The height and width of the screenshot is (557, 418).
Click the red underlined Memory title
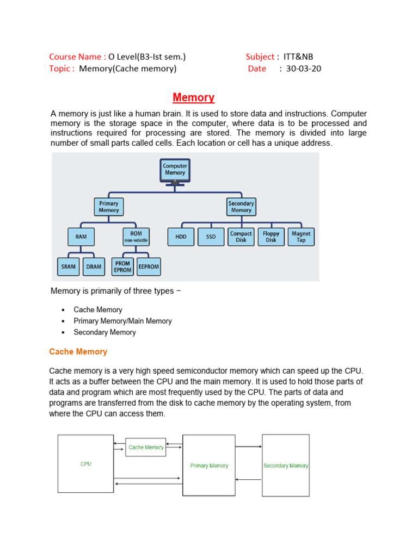(193, 97)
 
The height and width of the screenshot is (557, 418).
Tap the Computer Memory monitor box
(175, 170)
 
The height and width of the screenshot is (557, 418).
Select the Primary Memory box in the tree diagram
(109, 207)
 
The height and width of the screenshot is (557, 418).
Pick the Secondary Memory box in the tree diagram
(241, 207)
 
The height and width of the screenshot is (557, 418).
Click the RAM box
(81, 237)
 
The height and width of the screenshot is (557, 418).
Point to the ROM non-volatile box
(136, 237)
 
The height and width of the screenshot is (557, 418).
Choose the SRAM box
(68, 267)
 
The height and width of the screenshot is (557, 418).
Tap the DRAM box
(94, 267)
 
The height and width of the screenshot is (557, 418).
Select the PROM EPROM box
(122, 267)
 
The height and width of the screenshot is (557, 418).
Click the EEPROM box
(149, 267)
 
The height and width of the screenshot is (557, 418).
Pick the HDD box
(181, 237)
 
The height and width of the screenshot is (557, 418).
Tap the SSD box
(211, 237)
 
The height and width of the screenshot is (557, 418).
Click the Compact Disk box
(241, 237)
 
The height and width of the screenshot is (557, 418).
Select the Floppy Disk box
(271, 237)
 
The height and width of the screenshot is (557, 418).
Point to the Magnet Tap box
(301, 237)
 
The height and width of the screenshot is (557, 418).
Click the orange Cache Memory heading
(78, 352)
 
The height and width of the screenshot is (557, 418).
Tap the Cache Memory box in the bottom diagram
(146, 447)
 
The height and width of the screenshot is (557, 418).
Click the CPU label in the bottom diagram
(85, 464)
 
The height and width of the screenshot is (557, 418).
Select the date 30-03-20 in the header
(304, 69)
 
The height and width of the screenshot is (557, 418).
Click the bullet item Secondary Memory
(105, 332)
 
